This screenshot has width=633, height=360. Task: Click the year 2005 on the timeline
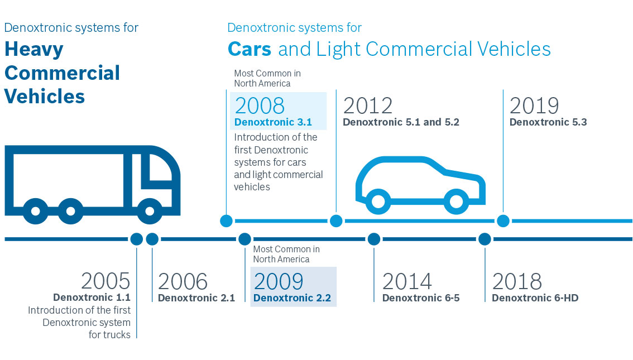click(x=106, y=281)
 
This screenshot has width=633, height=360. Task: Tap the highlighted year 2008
click(x=260, y=105)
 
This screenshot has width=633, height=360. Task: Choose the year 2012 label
click(x=368, y=105)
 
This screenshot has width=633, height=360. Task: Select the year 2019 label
click(x=534, y=105)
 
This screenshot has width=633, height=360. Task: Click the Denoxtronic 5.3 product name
click(x=548, y=122)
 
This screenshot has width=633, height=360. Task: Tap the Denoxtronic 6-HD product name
click(x=535, y=298)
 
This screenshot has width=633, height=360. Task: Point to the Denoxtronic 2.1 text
click(x=196, y=298)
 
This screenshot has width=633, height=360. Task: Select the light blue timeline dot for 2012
click(x=336, y=221)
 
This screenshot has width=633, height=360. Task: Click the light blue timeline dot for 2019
click(x=503, y=221)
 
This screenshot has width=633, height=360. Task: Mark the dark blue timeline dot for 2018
click(x=485, y=239)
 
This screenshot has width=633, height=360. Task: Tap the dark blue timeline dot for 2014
click(x=374, y=239)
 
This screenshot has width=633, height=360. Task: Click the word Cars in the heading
click(x=250, y=49)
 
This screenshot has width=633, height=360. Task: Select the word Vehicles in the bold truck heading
click(x=45, y=96)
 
